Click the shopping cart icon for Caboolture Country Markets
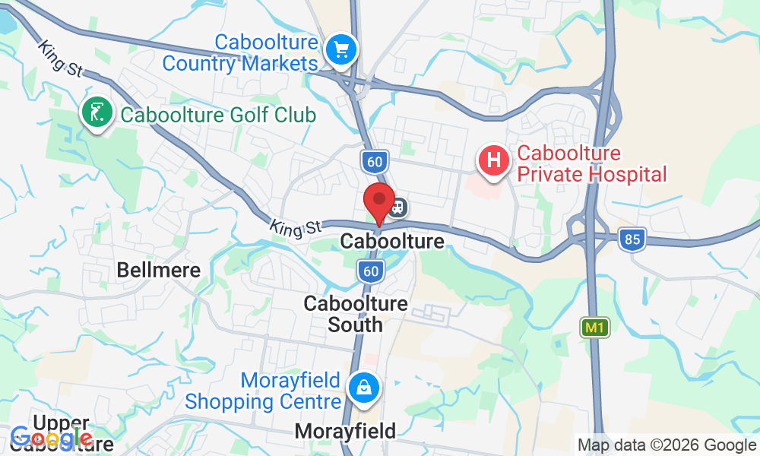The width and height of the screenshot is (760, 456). [x=341, y=51]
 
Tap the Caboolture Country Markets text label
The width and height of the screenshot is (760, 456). [x=240, y=52]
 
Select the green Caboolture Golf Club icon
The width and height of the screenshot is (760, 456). [x=97, y=115]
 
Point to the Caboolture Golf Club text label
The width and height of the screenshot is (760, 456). [x=217, y=116]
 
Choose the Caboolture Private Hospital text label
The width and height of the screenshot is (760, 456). [x=591, y=164]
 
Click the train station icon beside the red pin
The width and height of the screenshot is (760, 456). [x=398, y=207]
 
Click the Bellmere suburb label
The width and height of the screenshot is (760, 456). [x=158, y=270]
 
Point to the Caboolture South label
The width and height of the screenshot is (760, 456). [x=356, y=314]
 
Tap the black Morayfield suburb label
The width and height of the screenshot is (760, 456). [x=345, y=431]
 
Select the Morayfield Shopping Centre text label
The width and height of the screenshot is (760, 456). [x=263, y=390]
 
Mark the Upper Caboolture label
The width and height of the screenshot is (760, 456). [x=62, y=433]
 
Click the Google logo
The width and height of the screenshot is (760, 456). [x=52, y=438]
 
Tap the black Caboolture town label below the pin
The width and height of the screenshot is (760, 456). [x=392, y=242]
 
